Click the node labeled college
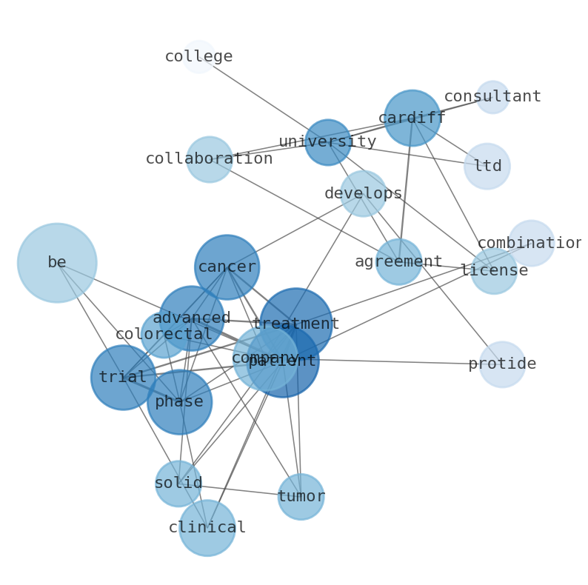[198, 57]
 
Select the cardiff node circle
[412, 118]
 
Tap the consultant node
[492, 97]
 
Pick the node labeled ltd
[487, 167]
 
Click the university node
[328, 142]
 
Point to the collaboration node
[210, 159]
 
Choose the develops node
[364, 194]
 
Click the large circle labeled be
[57, 263]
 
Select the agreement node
[398, 262]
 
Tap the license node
[494, 271]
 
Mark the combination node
[531, 244]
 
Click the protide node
[502, 364]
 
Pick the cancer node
[227, 267]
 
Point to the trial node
[123, 378]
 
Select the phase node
[179, 402]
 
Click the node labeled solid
[178, 484]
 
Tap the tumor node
[301, 497]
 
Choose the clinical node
[207, 528]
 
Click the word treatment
[296, 324]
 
